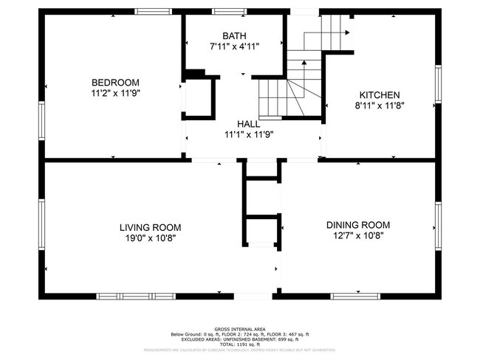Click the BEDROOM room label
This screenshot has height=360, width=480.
point(115,82)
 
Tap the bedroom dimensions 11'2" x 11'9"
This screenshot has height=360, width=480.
point(115,94)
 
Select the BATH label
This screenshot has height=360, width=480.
point(234,35)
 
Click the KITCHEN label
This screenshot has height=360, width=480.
point(380,94)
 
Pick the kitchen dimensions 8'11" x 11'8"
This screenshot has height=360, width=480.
point(380,105)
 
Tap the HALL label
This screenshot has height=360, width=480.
point(248,124)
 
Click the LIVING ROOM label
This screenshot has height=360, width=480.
point(150,227)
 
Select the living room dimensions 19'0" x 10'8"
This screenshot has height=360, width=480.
point(150,238)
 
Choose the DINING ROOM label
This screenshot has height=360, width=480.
point(358,225)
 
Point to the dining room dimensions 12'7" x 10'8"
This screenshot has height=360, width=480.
point(358,236)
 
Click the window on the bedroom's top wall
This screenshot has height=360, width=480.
point(153,11)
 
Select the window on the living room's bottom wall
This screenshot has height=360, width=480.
point(135,296)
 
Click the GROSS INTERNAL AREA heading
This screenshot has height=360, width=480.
point(240,329)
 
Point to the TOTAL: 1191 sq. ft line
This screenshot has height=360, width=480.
point(240,345)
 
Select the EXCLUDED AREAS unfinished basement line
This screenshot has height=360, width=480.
point(240,339)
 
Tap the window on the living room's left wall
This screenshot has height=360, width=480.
point(41,221)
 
